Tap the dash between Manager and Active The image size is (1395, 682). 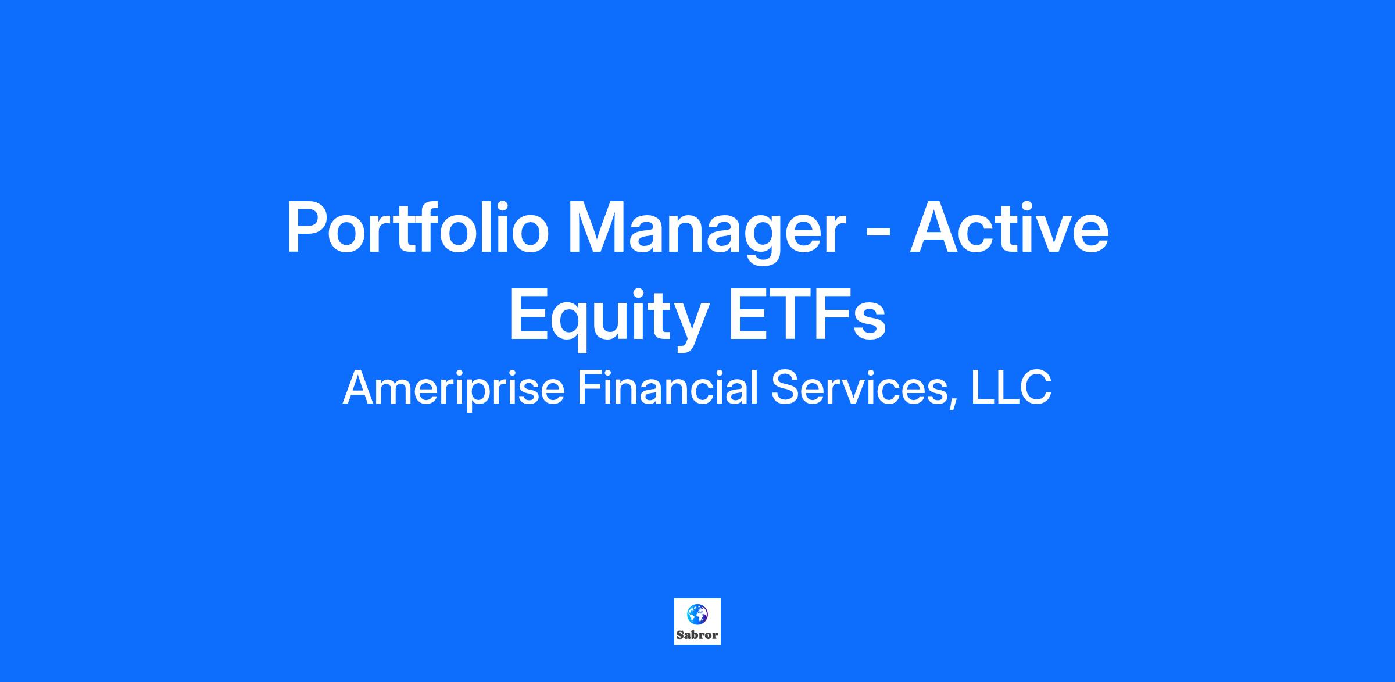pos(875,236)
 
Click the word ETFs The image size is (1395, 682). pos(807,315)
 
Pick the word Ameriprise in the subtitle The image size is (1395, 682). pos(453,388)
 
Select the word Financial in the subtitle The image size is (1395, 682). pos(668,387)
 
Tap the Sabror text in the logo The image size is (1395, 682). pos(697,635)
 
